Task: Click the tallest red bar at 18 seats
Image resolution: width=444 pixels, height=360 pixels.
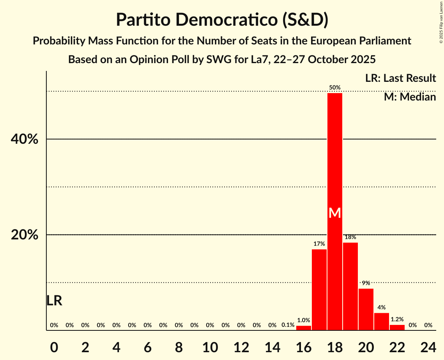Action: pos(335,156)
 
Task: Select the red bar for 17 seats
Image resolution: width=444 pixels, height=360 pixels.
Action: pos(319,290)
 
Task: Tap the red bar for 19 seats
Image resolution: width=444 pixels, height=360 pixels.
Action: pos(350,286)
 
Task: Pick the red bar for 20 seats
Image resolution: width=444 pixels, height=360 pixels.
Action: pos(366,309)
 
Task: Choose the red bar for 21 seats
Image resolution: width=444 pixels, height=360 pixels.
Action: pos(382,321)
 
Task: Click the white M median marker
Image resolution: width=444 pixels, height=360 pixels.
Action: pos(335,213)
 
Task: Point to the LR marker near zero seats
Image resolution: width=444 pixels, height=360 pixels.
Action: pos(54,300)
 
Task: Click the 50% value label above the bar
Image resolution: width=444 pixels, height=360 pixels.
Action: pos(335,88)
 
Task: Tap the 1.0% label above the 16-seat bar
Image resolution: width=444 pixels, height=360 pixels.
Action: pos(304,320)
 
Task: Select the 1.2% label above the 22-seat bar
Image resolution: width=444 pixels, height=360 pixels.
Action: pos(397,319)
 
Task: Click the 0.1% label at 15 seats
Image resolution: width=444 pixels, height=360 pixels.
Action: pos(288,325)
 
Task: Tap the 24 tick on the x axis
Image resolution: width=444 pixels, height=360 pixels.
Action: pos(428,346)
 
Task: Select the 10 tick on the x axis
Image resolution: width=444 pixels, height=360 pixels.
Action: pos(210,346)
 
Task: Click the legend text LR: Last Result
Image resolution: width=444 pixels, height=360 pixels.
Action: pos(400,78)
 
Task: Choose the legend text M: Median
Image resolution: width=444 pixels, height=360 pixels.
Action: pos(410,97)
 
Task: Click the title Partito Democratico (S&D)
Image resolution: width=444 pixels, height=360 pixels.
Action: pos(222,20)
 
